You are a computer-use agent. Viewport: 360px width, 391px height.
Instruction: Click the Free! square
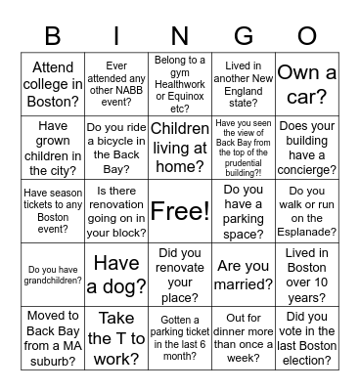point(180,210)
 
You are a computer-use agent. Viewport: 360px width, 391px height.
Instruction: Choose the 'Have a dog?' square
point(116,275)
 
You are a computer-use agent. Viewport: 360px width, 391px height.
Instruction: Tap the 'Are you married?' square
point(244,275)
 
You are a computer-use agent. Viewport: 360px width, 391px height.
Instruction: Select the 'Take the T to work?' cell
point(116,338)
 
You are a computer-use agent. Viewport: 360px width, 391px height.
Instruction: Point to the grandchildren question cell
point(53,275)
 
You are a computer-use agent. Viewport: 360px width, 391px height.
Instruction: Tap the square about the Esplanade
point(307,210)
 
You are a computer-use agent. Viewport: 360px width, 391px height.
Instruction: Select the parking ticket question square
point(180,338)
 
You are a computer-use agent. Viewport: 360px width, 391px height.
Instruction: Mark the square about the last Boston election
point(307,338)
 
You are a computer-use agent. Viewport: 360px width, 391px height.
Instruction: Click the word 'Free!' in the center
point(180,211)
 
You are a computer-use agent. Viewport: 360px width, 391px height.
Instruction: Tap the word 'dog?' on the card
point(129,287)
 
